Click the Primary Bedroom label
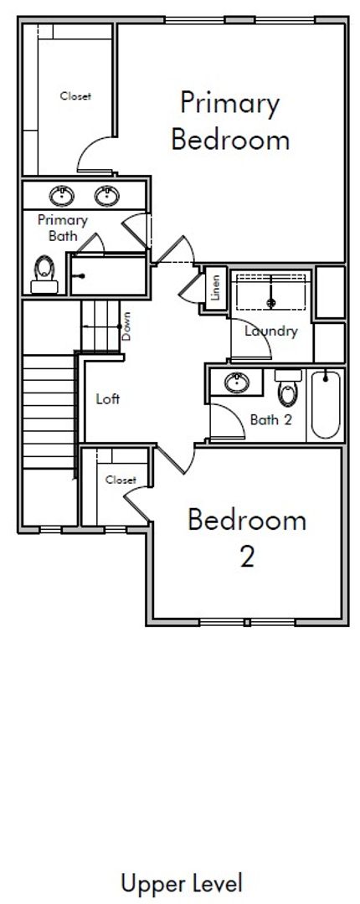coord(230,121)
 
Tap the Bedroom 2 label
coord(247,538)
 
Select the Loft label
coord(108,398)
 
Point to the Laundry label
coord(270,331)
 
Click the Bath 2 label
coord(271,419)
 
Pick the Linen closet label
coord(216,288)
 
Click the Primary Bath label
coord(63,228)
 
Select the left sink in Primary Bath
coord(62,196)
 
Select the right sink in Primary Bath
coord(106,196)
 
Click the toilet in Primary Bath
coord(44,275)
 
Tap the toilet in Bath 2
coord(288,388)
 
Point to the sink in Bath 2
coord(237,383)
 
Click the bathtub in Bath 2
coord(326,404)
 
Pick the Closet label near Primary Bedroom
coord(75,96)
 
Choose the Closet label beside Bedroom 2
coord(121,480)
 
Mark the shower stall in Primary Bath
coord(108,275)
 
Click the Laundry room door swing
coord(251,340)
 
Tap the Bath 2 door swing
coord(228,422)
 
